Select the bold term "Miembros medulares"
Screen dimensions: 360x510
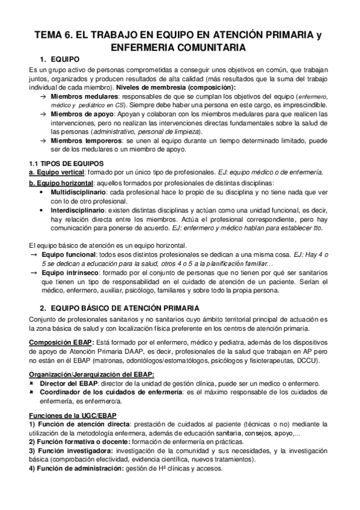[x=80, y=96]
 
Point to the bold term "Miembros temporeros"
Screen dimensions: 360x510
[x=81, y=140]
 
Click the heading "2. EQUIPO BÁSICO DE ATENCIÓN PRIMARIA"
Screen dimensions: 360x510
[x=120, y=308]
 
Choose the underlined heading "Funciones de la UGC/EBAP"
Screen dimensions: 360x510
[x=68, y=416]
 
